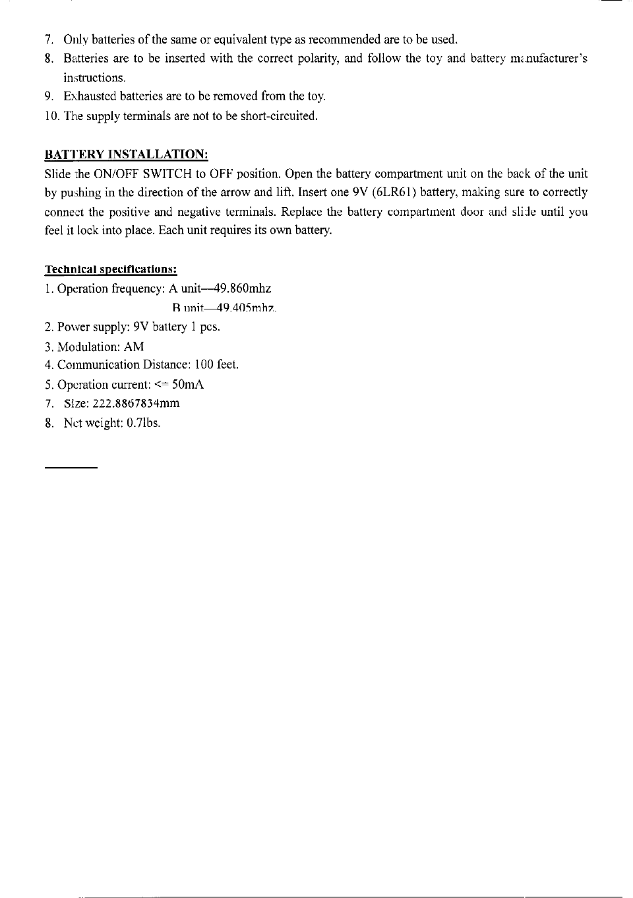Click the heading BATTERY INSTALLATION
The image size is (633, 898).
pyautogui.click(x=126, y=155)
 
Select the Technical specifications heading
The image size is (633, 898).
pyautogui.click(x=111, y=270)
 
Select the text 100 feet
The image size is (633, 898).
pyautogui.click(x=217, y=365)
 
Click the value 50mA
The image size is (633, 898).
pyautogui.click(x=187, y=385)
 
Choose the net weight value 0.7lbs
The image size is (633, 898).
pyautogui.click(x=143, y=423)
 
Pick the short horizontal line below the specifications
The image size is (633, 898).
pyautogui.click(x=71, y=468)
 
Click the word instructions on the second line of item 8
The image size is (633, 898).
pyautogui.click(x=94, y=78)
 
